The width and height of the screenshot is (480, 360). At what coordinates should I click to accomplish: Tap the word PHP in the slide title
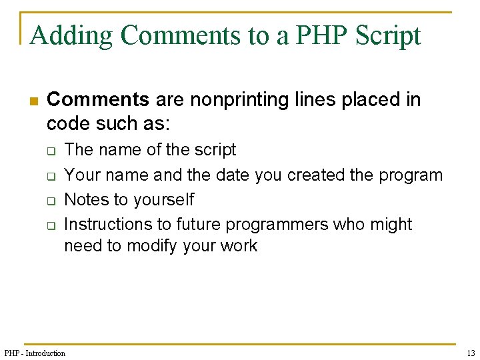click(313, 35)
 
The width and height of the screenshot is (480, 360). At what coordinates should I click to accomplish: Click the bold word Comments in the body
click(98, 100)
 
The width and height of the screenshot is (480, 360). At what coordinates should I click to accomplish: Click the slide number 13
click(471, 353)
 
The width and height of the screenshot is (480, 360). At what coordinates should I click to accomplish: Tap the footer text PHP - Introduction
click(35, 353)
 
